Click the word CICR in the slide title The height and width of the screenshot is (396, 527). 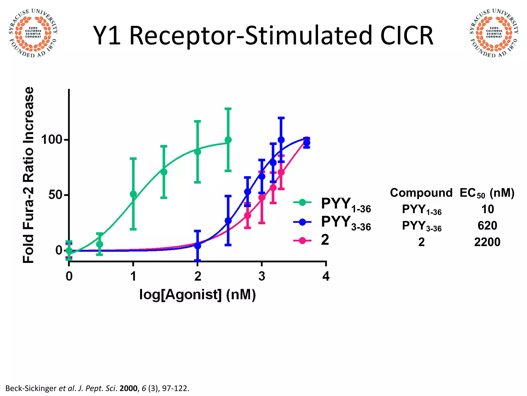tap(407, 36)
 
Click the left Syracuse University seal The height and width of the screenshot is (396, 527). tap(33, 33)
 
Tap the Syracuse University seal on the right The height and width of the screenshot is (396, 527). tap(494, 33)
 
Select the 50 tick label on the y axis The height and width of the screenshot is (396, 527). tap(55, 195)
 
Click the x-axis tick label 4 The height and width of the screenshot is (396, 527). tap(326, 276)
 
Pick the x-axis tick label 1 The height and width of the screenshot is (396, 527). tap(133, 276)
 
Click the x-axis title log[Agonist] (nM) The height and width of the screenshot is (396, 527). tap(197, 294)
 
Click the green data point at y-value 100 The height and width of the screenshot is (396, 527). tap(228, 140)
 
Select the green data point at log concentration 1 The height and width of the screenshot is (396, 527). tap(133, 194)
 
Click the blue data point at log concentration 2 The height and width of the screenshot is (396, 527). tap(197, 246)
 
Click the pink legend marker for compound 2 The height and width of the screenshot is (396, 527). tap(302, 241)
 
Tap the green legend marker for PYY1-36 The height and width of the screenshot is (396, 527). tap(302, 203)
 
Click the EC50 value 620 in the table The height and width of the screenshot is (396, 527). tap(487, 226)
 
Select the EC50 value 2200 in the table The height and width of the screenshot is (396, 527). tap(487, 242)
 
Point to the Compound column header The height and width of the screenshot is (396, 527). tap(421, 193)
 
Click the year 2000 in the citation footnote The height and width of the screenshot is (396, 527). tap(128, 388)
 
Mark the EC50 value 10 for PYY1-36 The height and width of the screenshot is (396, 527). tap(487, 209)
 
